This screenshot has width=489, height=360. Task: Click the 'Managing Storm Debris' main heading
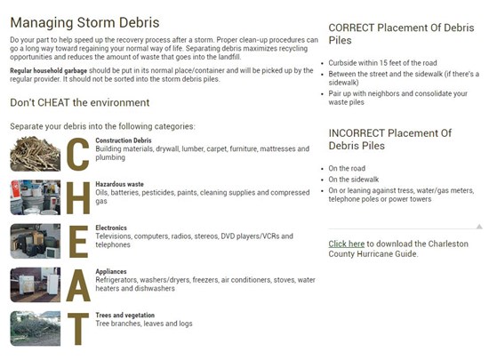(x=84, y=23)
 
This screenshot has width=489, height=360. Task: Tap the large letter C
(x=78, y=154)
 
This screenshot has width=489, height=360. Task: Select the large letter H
(x=78, y=197)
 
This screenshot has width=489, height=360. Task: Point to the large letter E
(x=78, y=242)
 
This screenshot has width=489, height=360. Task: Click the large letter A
(x=78, y=285)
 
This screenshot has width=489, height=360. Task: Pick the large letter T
(x=78, y=329)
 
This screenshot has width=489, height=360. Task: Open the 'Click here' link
(x=346, y=244)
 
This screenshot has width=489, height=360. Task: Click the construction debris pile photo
(x=36, y=154)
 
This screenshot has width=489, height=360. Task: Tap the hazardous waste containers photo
(x=36, y=197)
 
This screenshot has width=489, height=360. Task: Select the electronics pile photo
(x=36, y=241)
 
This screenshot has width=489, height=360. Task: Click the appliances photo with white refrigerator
(x=36, y=284)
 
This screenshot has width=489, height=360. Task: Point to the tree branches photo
(x=36, y=329)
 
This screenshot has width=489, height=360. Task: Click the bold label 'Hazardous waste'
(x=119, y=184)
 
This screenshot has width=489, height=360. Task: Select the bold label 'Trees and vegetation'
(x=125, y=316)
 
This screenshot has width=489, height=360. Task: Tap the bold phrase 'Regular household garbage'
(x=48, y=71)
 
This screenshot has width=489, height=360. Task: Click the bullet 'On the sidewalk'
(x=353, y=180)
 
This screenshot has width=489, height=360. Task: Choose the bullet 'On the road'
(x=347, y=168)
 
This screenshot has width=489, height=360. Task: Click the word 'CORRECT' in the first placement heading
(x=351, y=28)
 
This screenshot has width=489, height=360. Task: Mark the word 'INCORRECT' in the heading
(x=357, y=133)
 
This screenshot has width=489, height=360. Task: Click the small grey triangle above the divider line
(x=479, y=227)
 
